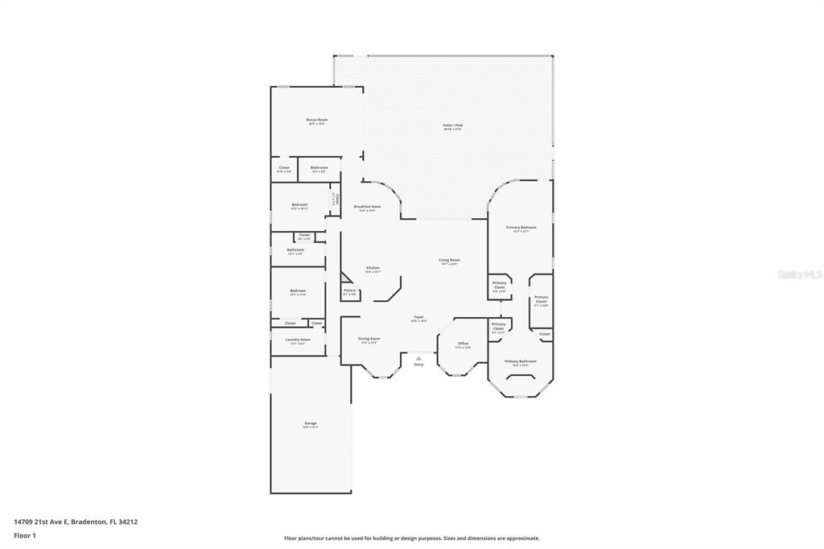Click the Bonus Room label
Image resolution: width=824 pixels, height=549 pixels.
tap(316, 120)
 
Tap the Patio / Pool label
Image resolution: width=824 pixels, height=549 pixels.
tap(452, 126)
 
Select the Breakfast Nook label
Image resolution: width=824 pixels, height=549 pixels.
tap(367, 207)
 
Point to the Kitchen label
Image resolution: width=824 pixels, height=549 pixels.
tap(373, 268)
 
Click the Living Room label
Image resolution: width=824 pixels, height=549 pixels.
tap(449, 260)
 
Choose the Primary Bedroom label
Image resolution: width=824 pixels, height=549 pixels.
tap(521, 228)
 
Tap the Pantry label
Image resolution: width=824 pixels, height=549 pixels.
tap(349, 291)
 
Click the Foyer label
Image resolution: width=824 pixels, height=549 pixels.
tap(418, 318)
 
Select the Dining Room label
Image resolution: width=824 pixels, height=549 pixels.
tap(369, 339)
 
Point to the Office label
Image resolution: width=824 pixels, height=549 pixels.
tap(463, 344)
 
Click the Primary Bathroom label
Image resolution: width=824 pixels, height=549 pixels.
tap(520, 362)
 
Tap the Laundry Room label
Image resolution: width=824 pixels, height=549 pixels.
tap(298, 340)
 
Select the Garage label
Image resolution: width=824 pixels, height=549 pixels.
tap(310, 423)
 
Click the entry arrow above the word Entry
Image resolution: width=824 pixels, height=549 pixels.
tap(418, 358)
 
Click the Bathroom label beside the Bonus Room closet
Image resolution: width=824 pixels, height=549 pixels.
tap(319, 168)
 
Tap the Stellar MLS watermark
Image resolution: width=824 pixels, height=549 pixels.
tap(799, 274)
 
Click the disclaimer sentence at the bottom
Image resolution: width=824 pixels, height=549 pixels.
tap(411, 539)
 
